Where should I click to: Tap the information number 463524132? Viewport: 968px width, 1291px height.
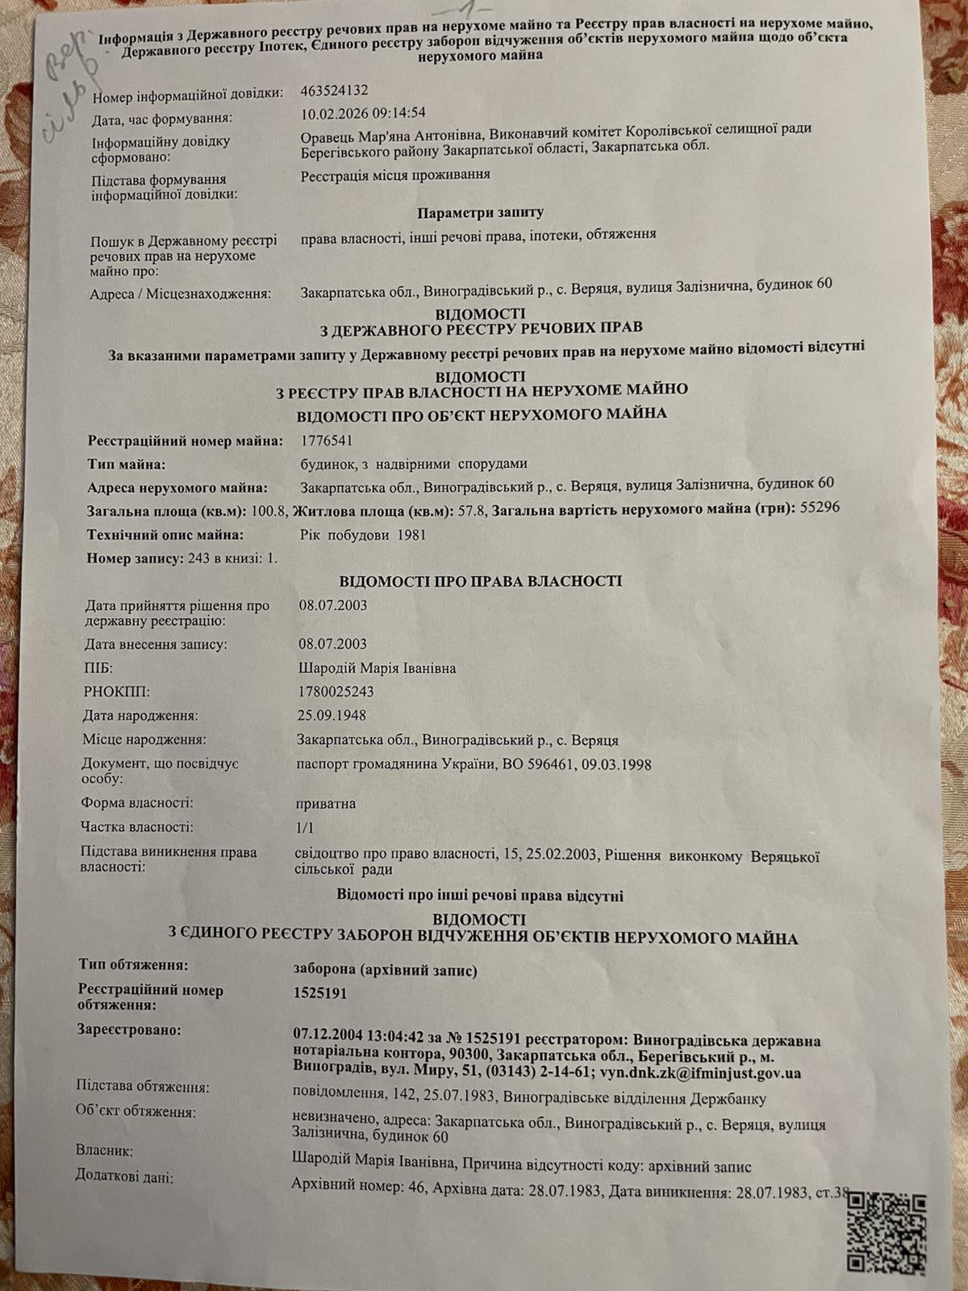pyautogui.click(x=334, y=91)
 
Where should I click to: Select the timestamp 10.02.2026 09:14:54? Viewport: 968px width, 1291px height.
pyautogui.click(x=363, y=113)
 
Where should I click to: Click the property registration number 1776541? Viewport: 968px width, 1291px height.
pyautogui.click(x=326, y=441)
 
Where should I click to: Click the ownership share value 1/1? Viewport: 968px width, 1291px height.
pyautogui.click(x=305, y=827)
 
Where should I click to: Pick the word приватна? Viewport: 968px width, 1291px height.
pyautogui.click(x=327, y=804)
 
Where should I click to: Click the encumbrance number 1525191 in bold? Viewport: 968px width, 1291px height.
pyautogui.click(x=320, y=993)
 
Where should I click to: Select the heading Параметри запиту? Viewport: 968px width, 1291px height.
pyautogui.click(x=480, y=213)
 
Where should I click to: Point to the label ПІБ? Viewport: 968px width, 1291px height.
pyautogui.click(x=98, y=668)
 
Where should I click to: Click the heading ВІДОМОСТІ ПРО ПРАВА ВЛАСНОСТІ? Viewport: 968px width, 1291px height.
pyautogui.click(x=480, y=581)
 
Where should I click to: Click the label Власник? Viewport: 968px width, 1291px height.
pyautogui.click(x=104, y=1151)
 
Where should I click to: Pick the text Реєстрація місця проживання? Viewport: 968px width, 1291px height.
pyautogui.click(x=395, y=174)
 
